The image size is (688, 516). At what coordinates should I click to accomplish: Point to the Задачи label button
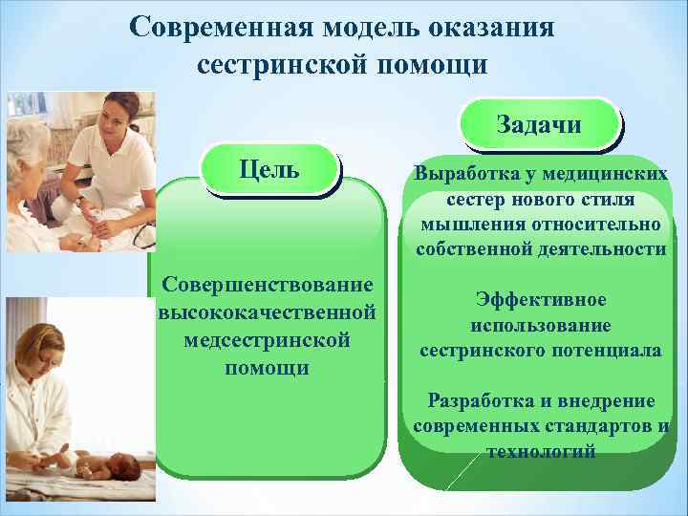[x=539, y=124]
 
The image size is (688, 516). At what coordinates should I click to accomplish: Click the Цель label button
[x=269, y=169]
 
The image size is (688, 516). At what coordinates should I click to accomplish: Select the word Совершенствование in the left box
[x=267, y=286]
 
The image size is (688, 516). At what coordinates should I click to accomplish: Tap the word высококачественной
[x=267, y=312]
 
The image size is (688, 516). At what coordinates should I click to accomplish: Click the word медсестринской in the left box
[x=267, y=340]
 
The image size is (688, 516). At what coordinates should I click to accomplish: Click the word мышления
[x=465, y=225]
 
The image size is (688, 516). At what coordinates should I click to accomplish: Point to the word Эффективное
[x=541, y=300]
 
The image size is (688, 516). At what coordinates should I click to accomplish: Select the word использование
[x=541, y=325]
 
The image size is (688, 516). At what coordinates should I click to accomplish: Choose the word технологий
[x=541, y=450]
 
